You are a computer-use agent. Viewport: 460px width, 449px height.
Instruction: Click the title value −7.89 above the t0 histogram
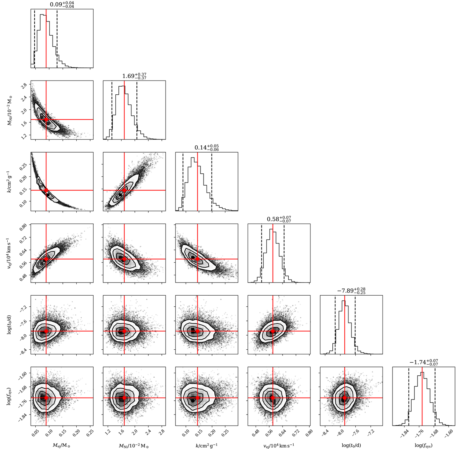(347, 291)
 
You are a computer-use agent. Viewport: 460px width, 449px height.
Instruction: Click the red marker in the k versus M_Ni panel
(124, 190)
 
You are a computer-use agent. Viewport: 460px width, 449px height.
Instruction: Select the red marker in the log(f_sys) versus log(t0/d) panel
(345, 398)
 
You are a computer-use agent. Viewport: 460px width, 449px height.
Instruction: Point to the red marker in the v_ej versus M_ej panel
(46, 259)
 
